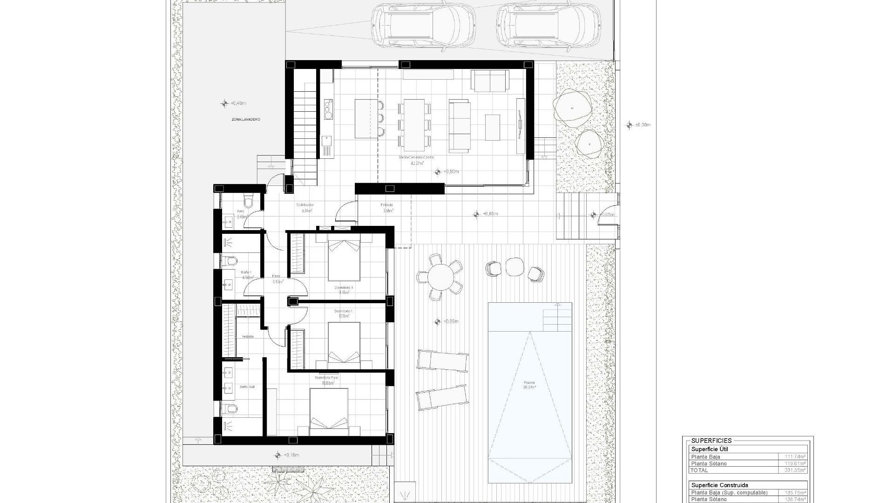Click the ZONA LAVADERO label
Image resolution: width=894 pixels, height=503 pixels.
[x=246, y=120]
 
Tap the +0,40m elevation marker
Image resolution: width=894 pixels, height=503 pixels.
[x=225, y=103]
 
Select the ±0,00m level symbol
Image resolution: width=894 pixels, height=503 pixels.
[x=630, y=125]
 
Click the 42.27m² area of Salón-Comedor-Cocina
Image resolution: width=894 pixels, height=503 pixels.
[x=417, y=163]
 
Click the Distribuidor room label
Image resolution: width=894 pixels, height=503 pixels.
[x=305, y=205]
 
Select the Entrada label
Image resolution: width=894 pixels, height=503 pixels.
[x=387, y=205]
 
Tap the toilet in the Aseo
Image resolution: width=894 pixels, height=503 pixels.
[x=248, y=201]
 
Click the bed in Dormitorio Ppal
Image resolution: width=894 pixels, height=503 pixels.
[x=329, y=410]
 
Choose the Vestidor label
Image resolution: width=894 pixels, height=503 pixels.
[x=248, y=336]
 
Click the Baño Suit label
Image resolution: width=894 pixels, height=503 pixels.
[x=247, y=387]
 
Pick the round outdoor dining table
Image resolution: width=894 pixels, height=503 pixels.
[x=440, y=277]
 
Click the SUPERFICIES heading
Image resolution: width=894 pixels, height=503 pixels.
[x=711, y=441]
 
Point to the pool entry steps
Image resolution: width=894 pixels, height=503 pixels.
[x=557, y=316]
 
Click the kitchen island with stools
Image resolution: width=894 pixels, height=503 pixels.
[x=365, y=118]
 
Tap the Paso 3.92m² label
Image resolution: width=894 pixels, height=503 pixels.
[x=277, y=279]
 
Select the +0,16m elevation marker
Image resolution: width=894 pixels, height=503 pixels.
[x=278, y=455]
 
